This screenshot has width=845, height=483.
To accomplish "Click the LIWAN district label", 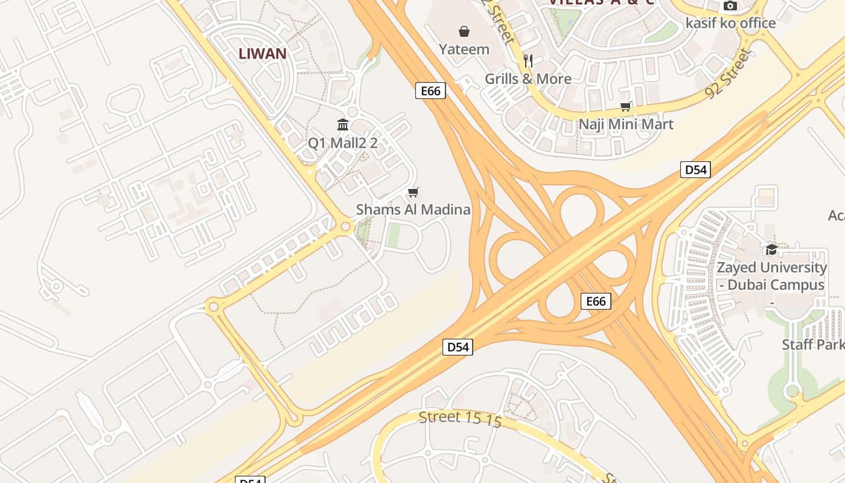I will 263,53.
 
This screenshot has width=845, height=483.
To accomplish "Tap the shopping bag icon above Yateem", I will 464,31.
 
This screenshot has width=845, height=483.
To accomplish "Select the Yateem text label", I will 464,49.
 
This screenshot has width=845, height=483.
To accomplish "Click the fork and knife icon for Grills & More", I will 528,60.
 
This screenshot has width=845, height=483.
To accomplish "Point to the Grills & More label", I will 528,78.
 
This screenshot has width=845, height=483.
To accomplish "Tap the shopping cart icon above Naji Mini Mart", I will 626,107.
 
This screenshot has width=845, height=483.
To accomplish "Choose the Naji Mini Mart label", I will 626,124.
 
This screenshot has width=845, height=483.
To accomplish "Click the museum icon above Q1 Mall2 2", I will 343,125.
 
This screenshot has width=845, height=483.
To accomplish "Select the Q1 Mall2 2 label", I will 343,143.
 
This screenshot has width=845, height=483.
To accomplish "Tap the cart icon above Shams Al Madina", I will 413,193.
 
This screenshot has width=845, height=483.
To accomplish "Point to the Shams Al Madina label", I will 413,210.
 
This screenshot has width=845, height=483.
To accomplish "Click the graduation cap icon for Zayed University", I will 771,249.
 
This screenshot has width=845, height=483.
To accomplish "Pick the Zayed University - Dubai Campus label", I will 771,276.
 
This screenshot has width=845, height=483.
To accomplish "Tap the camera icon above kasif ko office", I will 730,6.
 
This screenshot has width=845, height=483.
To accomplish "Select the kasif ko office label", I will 730,23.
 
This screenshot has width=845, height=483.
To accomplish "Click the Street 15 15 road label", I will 460,418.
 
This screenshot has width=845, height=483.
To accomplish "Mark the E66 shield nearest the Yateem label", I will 430,91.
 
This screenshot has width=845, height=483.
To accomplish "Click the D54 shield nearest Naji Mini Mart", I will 695,170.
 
